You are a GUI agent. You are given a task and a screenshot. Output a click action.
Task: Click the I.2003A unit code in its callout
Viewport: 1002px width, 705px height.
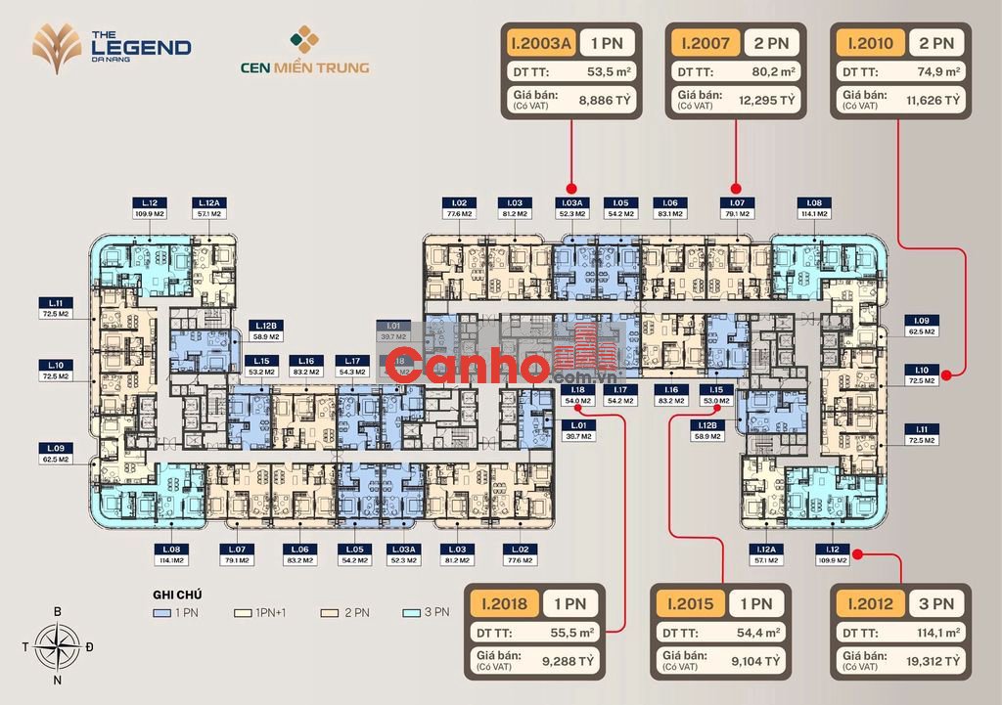click(x=537, y=42)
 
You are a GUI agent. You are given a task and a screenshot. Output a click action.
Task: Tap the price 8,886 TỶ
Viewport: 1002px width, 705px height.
click(x=602, y=99)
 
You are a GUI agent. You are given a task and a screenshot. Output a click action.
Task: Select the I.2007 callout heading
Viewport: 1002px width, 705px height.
click(x=704, y=42)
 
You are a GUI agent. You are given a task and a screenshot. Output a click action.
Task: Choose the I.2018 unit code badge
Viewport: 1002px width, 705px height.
click(x=503, y=603)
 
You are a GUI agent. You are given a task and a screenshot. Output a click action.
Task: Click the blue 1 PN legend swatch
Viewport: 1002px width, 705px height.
click(x=161, y=613)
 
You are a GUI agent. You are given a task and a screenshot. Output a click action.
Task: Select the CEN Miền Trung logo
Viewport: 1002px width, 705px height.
click(x=303, y=53)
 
